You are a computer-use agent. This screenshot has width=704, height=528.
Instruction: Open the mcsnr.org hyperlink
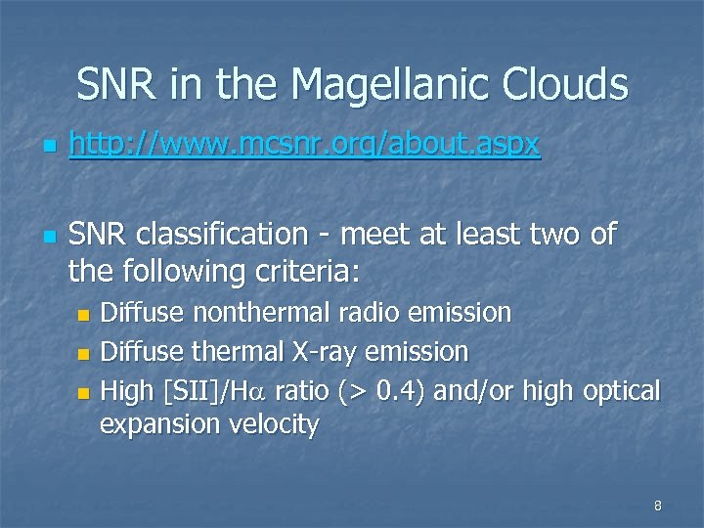(x=303, y=146)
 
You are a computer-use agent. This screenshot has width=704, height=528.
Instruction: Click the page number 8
(x=657, y=506)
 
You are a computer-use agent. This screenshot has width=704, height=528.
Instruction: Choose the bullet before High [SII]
(x=84, y=393)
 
